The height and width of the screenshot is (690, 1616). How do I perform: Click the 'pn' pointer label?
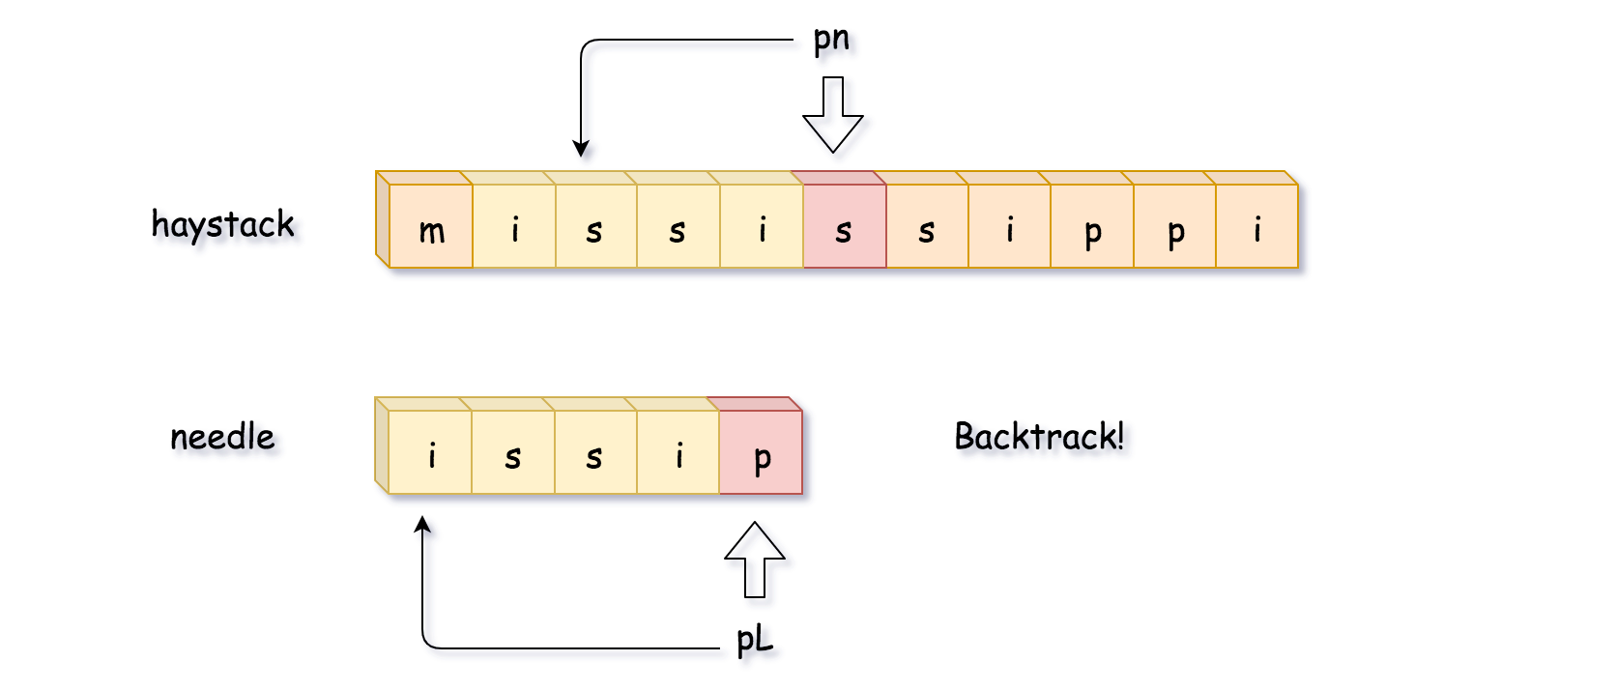(x=831, y=40)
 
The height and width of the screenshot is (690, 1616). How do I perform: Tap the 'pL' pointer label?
(x=754, y=639)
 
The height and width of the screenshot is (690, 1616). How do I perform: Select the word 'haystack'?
(x=222, y=224)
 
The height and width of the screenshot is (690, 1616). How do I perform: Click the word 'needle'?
(x=222, y=437)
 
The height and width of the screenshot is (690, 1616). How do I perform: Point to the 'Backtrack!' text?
(x=1039, y=437)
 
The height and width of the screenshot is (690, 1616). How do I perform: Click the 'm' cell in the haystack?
(x=431, y=226)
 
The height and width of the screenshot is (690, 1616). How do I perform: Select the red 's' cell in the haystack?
(x=844, y=226)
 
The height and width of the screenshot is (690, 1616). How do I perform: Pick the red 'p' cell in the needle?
(x=761, y=452)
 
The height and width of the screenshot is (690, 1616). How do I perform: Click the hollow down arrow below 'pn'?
(x=832, y=115)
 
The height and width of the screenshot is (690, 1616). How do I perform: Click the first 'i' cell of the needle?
(x=431, y=452)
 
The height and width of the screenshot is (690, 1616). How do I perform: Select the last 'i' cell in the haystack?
(x=1256, y=226)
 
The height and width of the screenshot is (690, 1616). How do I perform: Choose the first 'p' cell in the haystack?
(x=1092, y=226)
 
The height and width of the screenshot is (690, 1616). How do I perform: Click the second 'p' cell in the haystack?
(x=1174, y=226)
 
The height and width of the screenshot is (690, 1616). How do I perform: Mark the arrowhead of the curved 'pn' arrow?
(x=581, y=149)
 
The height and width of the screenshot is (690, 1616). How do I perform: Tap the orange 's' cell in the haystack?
(x=927, y=226)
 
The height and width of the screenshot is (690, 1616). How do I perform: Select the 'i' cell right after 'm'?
(x=514, y=226)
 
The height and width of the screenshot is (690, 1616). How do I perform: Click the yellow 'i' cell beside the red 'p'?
(x=678, y=452)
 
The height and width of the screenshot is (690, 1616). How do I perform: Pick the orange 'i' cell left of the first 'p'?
(x=1009, y=226)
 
